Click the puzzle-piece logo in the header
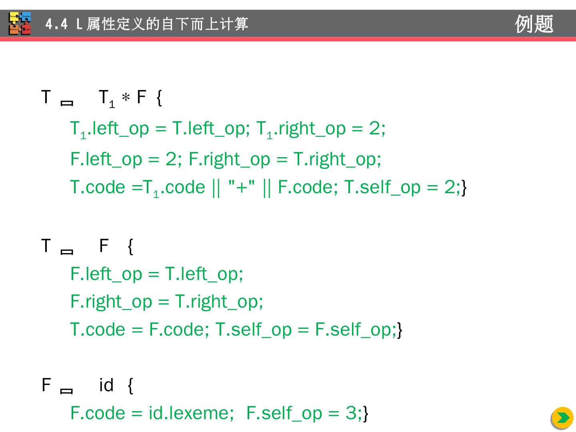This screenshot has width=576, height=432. click(20, 24)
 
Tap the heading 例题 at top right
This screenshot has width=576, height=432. click(534, 24)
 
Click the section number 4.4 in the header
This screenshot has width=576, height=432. click(56, 24)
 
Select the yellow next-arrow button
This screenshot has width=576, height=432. click(562, 418)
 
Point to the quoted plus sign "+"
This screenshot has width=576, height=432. click(241, 187)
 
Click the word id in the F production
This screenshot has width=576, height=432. click(106, 385)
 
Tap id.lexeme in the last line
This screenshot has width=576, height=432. click(191, 413)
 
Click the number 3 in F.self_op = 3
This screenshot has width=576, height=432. click(351, 413)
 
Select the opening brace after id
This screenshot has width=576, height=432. click(130, 385)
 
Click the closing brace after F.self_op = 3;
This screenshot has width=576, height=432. click(366, 413)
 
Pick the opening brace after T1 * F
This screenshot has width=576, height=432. click(159, 98)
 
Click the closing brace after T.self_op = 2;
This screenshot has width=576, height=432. click(464, 187)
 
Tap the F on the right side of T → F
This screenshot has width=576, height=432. click(104, 246)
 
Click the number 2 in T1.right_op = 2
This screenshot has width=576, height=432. click(374, 128)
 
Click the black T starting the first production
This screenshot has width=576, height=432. click(46, 97)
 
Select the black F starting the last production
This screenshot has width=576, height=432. click(46, 385)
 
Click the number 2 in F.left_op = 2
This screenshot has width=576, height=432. click(171, 159)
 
